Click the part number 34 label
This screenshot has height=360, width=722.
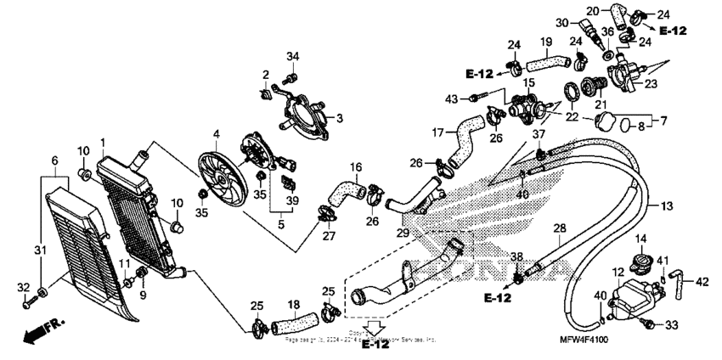[x=292, y=57]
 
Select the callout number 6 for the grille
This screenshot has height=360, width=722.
[x=54, y=160]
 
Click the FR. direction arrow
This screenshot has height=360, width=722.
[x=42, y=329]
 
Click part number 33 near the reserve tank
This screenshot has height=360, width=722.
[x=671, y=324]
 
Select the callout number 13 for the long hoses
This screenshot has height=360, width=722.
[x=666, y=206]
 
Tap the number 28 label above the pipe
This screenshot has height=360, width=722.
[x=559, y=229]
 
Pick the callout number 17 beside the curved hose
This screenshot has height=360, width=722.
[x=437, y=132]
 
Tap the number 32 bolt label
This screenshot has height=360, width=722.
[x=24, y=287]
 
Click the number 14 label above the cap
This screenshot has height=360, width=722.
[x=641, y=239]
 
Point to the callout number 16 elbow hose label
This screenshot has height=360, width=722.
[x=356, y=167]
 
